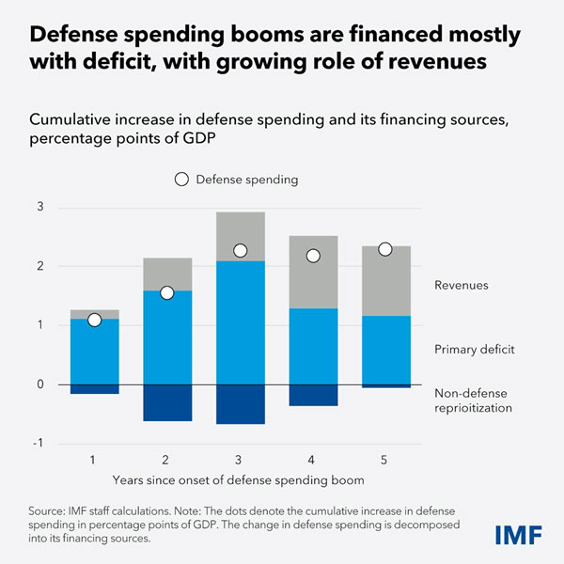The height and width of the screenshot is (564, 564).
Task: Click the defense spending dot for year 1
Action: coord(94,321)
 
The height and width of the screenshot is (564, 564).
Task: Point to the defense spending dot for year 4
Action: coord(313,256)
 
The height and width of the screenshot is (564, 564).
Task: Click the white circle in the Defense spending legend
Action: coord(182,180)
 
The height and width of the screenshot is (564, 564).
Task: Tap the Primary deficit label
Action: coord(475,349)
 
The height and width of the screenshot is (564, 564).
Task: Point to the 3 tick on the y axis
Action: coord(40,208)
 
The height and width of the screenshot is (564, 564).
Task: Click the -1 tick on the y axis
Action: coord(39,443)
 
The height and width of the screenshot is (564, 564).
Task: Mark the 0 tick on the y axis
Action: coord(40,384)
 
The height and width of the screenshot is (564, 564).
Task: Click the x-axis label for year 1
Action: coord(94,458)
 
